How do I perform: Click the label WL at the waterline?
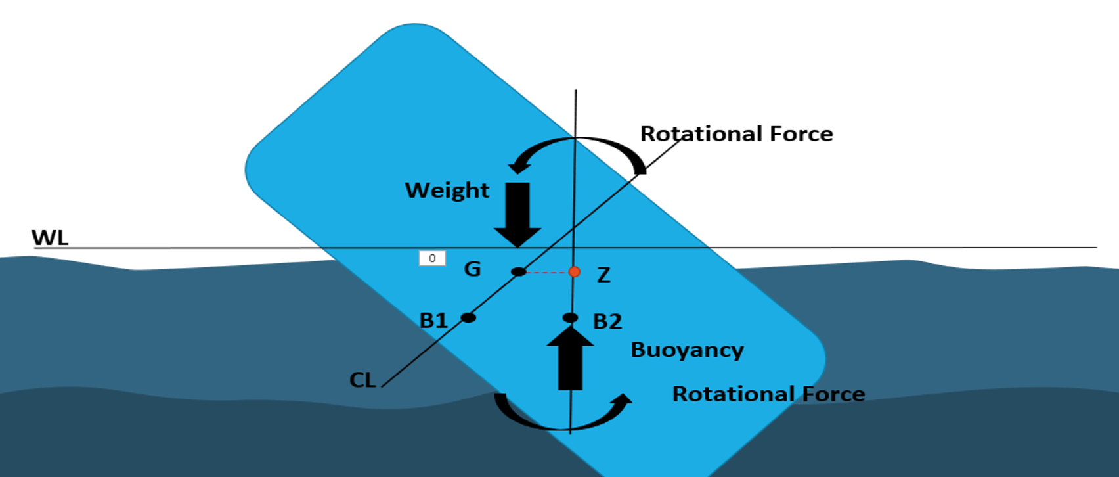(50, 237)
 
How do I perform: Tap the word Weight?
(447, 191)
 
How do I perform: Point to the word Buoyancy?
(687, 350)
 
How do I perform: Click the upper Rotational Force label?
(736, 134)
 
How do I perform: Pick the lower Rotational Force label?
(768, 394)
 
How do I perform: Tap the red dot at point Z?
(575, 272)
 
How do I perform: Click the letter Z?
(603, 275)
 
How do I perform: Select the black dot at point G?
(518, 271)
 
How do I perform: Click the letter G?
(472, 269)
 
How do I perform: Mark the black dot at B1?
(468, 318)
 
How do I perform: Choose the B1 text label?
(433, 321)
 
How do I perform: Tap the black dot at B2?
(571, 318)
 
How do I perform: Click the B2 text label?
(607, 321)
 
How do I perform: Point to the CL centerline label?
(362, 380)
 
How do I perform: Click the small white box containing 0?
(432, 258)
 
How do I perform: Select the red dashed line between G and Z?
(546, 272)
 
